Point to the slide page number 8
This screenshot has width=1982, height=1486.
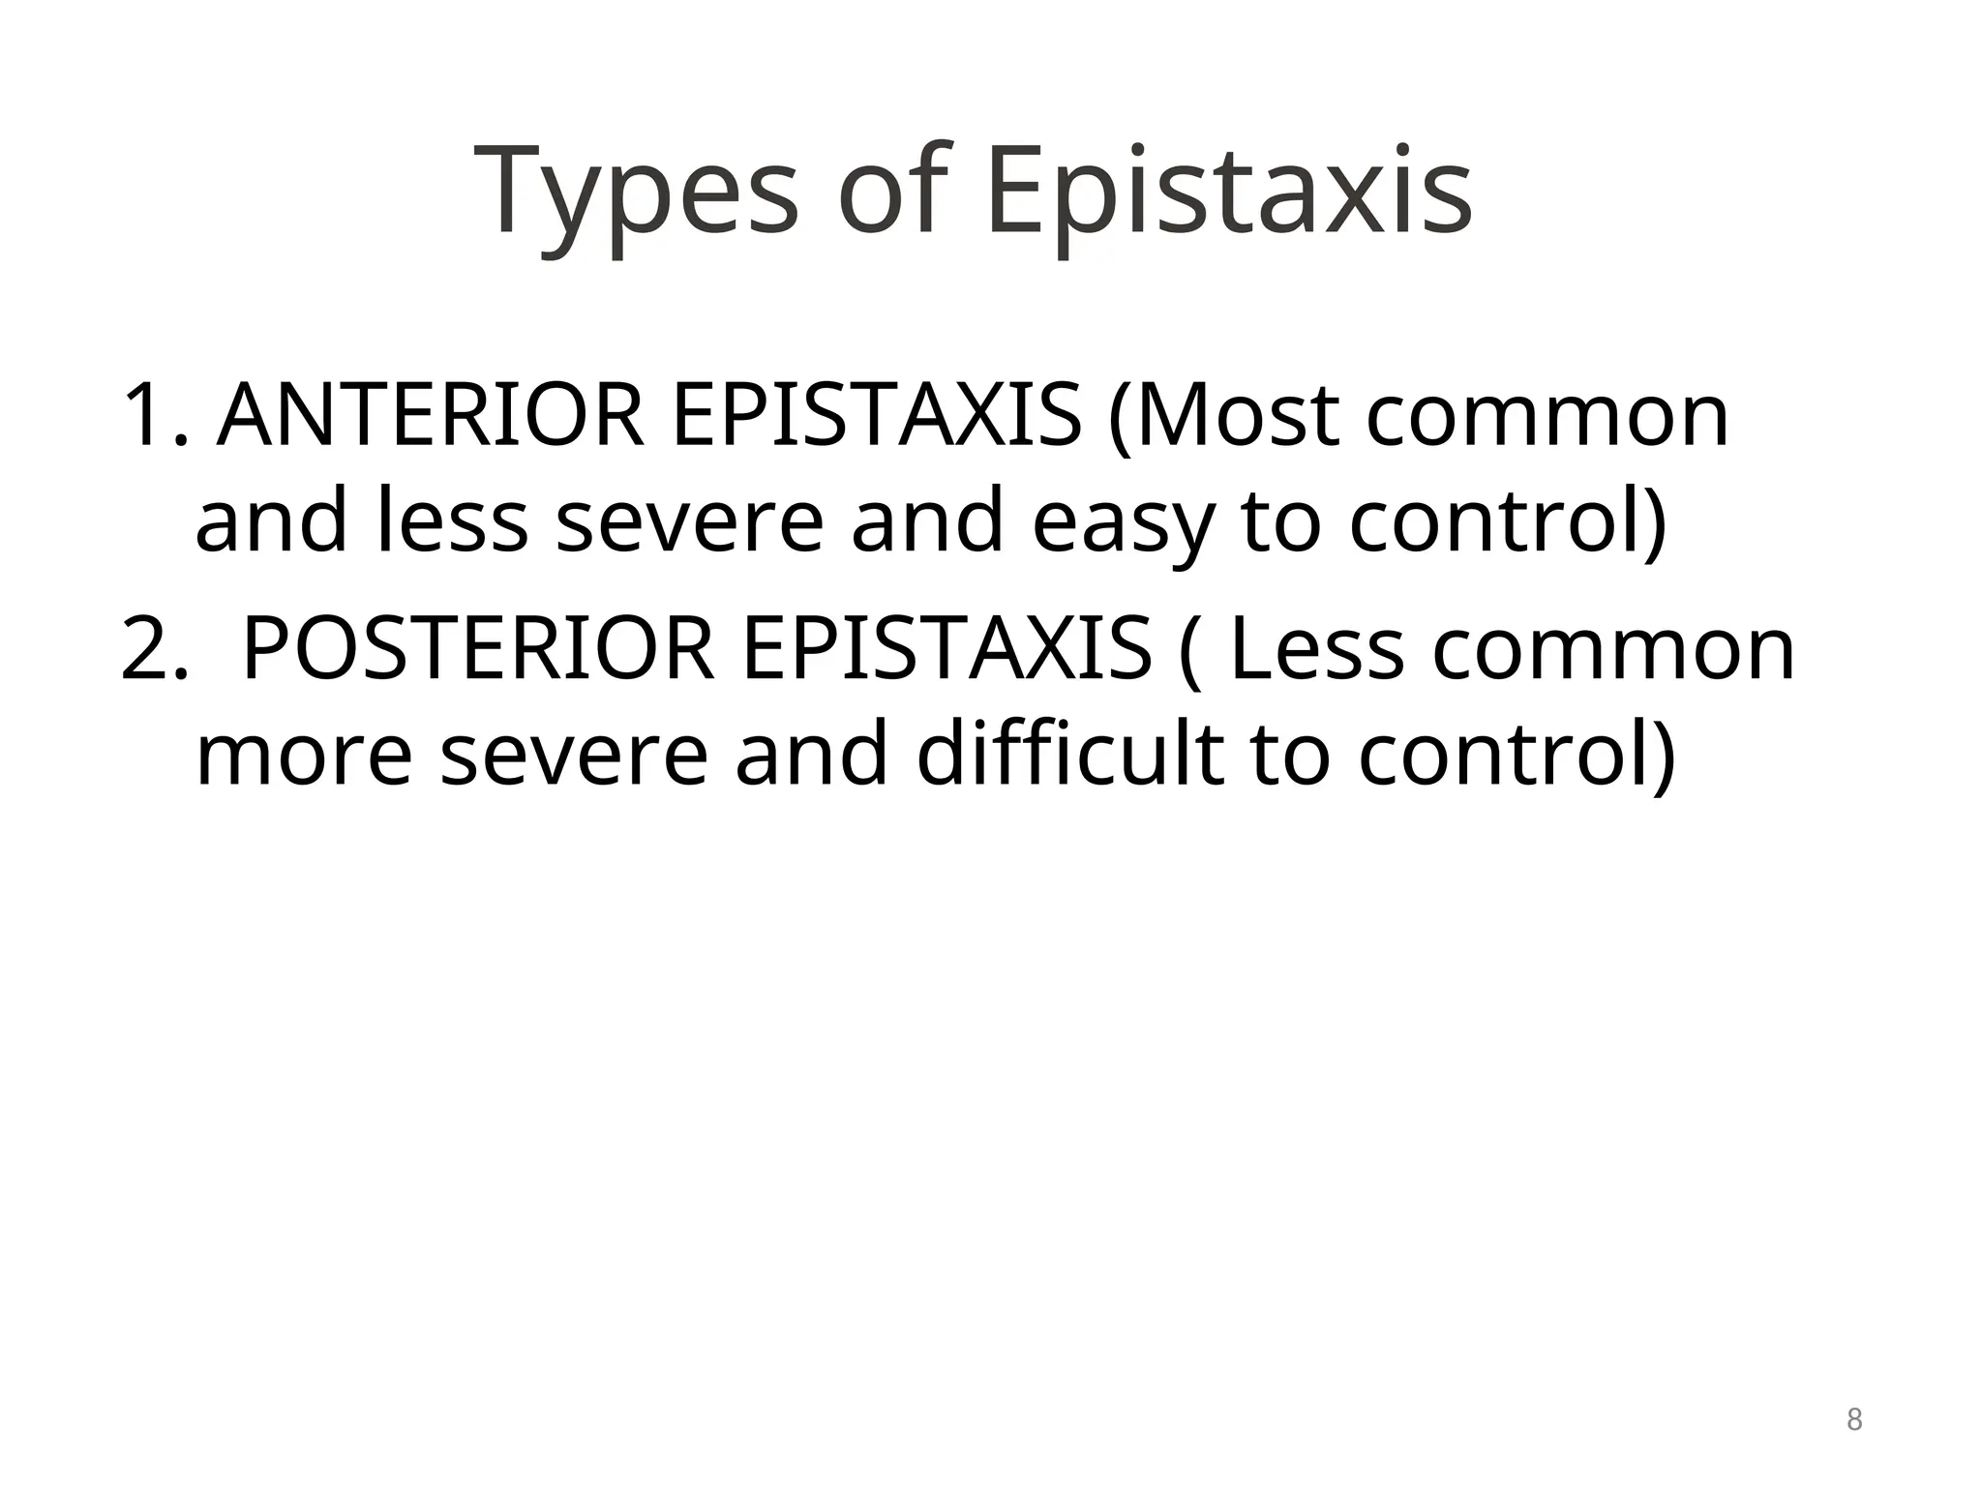[x=1853, y=1420]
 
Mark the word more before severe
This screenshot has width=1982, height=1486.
[x=305, y=757]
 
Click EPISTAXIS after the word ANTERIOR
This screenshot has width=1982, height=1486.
[x=876, y=416]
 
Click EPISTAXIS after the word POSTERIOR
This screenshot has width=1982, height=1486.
[x=946, y=650]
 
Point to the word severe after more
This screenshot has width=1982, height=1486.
[x=575, y=757]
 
